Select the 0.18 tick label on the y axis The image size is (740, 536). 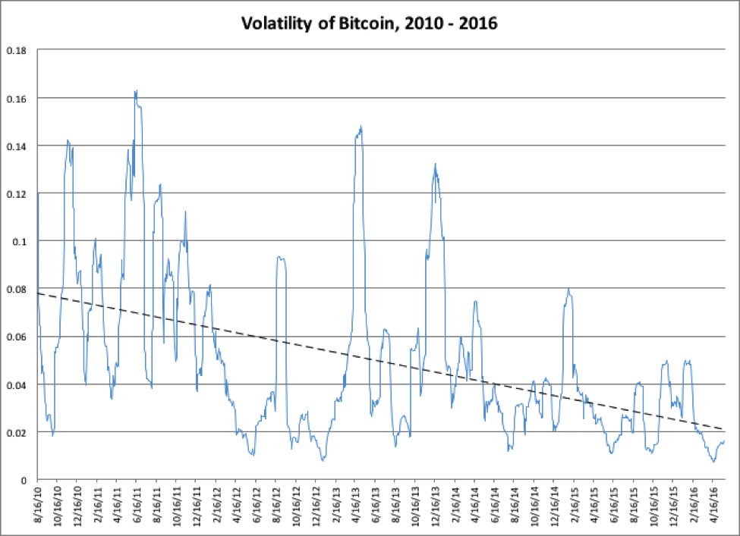click(17, 51)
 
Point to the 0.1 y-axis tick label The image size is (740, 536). click(20, 241)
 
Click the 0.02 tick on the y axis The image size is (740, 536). click(17, 432)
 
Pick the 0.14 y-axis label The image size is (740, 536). click(17, 146)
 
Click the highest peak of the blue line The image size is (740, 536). click(135, 92)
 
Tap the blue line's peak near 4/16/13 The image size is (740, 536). click(361, 127)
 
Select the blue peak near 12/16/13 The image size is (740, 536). click(435, 165)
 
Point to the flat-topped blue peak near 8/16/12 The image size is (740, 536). click(281, 259)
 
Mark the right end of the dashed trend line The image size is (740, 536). click(723, 429)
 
